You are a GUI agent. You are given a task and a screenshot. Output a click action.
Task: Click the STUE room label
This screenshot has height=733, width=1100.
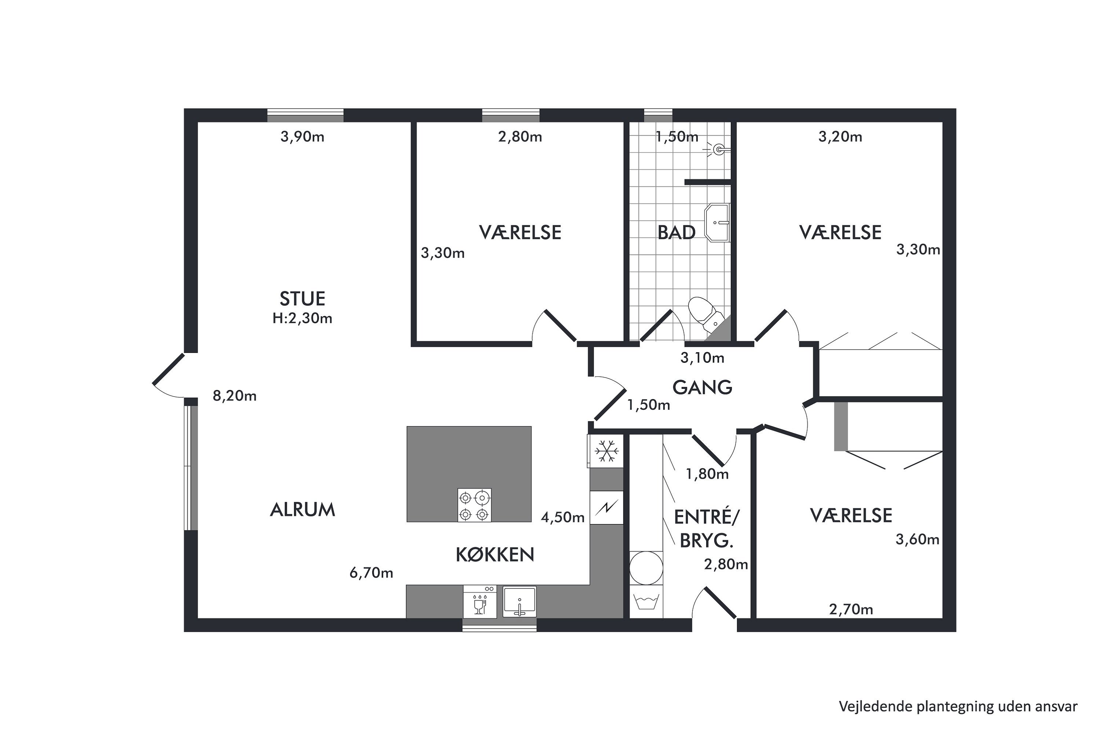(302, 299)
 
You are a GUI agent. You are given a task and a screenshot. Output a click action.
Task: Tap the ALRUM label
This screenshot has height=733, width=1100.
(302, 509)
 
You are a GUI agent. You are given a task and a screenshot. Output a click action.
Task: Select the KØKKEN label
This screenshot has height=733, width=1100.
(495, 555)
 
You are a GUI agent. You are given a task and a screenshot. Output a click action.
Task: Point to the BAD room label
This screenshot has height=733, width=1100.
(676, 232)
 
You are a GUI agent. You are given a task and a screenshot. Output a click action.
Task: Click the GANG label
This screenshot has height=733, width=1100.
(703, 387)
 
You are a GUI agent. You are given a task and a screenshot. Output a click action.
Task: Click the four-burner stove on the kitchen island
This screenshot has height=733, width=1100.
(474, 505)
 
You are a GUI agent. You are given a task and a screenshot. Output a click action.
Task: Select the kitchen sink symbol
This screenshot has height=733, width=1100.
(520, 602)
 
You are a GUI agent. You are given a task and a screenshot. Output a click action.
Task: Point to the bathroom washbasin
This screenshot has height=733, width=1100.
(717, 222)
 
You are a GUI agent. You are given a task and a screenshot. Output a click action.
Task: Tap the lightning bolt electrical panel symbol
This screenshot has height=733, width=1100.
(606, 507)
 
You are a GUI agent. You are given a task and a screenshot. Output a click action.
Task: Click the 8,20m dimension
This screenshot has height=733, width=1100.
(234, 396)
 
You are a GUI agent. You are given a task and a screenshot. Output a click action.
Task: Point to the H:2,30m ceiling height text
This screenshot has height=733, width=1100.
(302, 318)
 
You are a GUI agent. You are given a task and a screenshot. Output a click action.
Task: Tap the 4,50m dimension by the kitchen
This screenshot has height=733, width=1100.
(562, 517)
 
